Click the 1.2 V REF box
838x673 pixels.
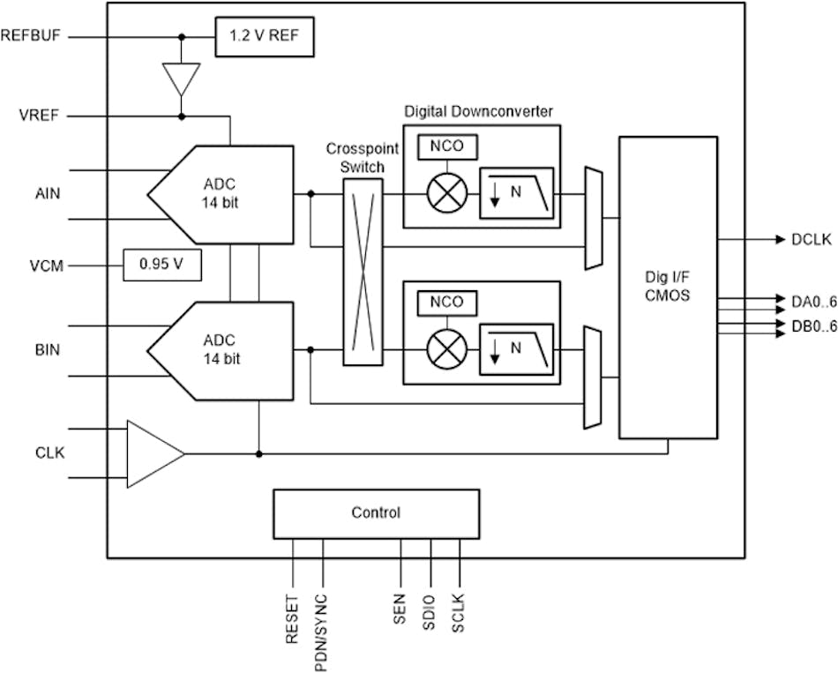264,37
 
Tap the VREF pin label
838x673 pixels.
39,116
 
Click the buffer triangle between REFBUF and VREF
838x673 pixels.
182,77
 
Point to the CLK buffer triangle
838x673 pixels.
152,454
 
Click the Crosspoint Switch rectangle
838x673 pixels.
363,273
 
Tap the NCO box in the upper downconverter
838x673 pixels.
447,146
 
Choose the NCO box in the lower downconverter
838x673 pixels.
447,303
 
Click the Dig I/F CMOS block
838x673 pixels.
667,287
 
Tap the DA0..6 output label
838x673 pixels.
812,301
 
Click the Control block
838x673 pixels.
376,512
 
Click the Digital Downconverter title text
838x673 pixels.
478,112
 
